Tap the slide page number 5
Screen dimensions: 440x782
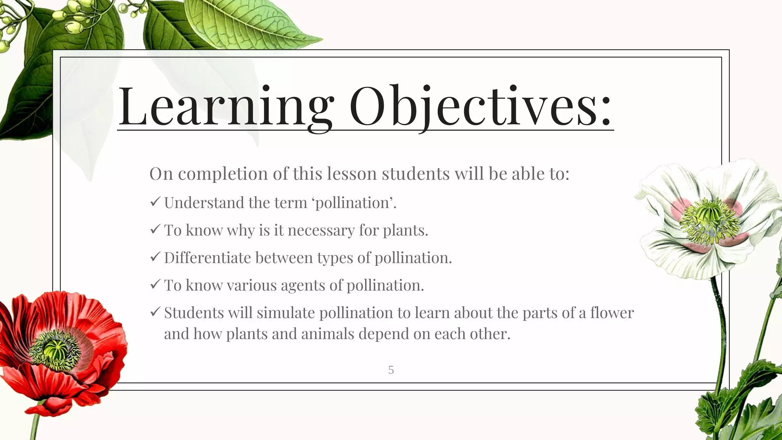pyautogui.click(x=391, y=370)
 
